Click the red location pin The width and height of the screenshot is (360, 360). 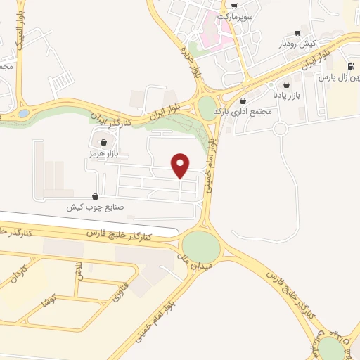[x=181, y=165]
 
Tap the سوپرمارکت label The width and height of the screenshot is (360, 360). [x=234, y=15]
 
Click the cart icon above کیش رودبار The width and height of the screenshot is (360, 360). [x=299, y=33]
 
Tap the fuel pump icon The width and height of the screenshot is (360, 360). [x=349, y=67]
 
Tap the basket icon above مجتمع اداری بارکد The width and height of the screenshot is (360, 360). [x=243, y=101]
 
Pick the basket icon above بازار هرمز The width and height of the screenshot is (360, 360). [x=104, y=143]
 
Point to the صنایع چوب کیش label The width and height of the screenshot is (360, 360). [x=94, y=207]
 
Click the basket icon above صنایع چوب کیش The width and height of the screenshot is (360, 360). [x=95, y=197]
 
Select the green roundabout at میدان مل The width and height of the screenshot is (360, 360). [x=201, y=245]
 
